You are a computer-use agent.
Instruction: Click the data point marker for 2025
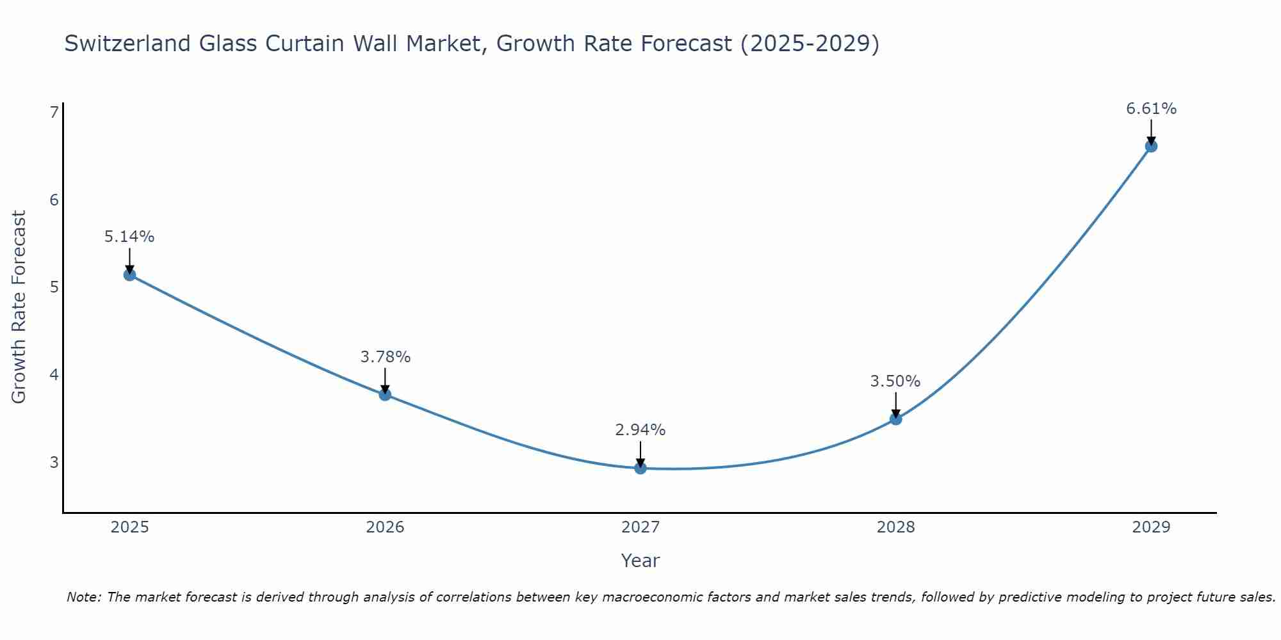(x=129, y=275)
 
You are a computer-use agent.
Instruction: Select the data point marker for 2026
(x=385, y=394)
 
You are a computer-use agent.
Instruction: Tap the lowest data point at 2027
(x=640, y=468)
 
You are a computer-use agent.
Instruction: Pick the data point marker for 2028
(x=895, y=419)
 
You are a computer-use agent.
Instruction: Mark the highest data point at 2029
(x=1151, y=146)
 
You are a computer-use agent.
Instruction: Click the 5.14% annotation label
(x=129, y=237)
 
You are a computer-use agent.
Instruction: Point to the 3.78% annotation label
(x=385, y=357)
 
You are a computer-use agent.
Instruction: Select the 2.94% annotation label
(x=640, y=430)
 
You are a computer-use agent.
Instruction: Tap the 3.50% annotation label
(x=895, y=381)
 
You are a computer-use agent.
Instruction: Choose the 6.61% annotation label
(x=1151, y=109)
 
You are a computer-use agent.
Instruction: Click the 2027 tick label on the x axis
(x=640, y=527)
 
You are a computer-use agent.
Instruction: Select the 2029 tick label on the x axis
(x=1151, y=527)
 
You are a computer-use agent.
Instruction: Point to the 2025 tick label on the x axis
(x=129, y=527)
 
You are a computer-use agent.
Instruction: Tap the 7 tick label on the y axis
(x=54, y=113)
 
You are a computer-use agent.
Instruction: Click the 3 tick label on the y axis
(x=54, y=462)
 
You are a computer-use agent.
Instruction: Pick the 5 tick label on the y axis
(x=54, y=287)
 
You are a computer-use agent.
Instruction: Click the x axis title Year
(x=640, y=561)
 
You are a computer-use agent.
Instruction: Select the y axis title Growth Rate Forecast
(x=19, y=307)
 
